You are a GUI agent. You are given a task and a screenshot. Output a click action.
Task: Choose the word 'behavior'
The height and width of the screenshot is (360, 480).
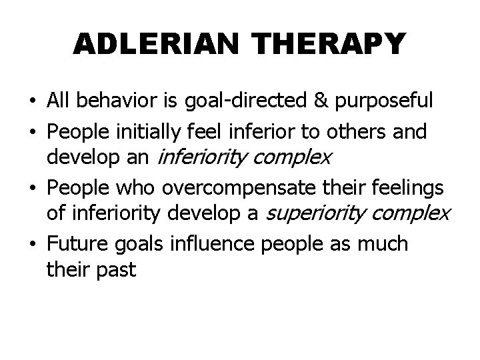(x=113, y=101)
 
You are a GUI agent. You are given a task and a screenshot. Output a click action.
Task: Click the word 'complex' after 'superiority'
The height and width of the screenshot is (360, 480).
(x=417, y=215)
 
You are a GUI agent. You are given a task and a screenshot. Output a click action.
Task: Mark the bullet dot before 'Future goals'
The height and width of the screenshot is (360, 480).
(x=32, y=245)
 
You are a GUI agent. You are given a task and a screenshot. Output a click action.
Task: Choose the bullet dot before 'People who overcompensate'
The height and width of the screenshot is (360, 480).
(x=32, y=189)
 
